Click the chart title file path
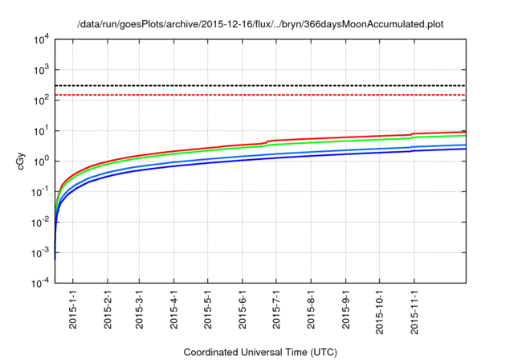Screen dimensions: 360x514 (x=260, y=24)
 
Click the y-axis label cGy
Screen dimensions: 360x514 (x=22, y=160)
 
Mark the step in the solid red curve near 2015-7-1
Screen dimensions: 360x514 (x=267, y=141)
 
